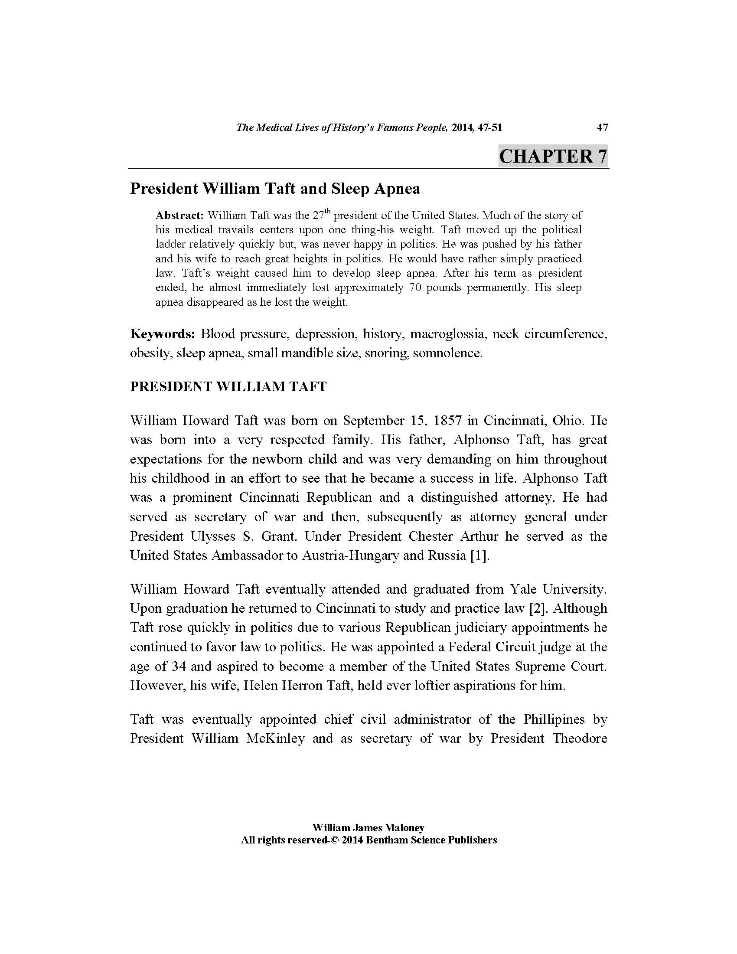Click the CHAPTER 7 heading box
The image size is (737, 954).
click(553, 156)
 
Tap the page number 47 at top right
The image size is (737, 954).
click(602, 127)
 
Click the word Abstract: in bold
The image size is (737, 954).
click(179, 216)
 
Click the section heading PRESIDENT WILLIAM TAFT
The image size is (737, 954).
click(228, 387)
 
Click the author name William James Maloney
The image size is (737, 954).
click(368, 828)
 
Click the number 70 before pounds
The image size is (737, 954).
click(416, 288)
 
